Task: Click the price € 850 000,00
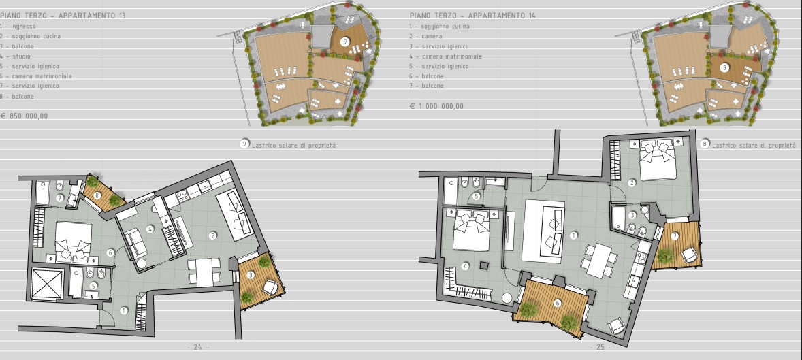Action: (x=24, y=116)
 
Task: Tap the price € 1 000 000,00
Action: (x=437, y=106)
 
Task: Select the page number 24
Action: (x=198, y=347)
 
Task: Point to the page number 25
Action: (x=600, y=347)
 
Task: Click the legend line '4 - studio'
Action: (x=16, y=56)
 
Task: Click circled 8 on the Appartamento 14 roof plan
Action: (x=724, y=67)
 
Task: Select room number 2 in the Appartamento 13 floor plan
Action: (x=213, y=235)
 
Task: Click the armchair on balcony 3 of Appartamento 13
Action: (x=270, y=288)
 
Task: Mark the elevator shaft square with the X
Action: (x=47, y=283)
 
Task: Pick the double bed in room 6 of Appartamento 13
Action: (x=73, y=242)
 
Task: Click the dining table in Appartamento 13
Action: (x=205, y=273)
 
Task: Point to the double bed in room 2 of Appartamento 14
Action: (x=658, y=159)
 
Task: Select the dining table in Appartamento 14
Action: (x=599, y=260)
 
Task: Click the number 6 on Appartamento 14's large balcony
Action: (x=557, y=304)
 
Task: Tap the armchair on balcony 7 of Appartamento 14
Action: (x=690, y=254)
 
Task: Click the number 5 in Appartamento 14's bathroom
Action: (x=476, y=196)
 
